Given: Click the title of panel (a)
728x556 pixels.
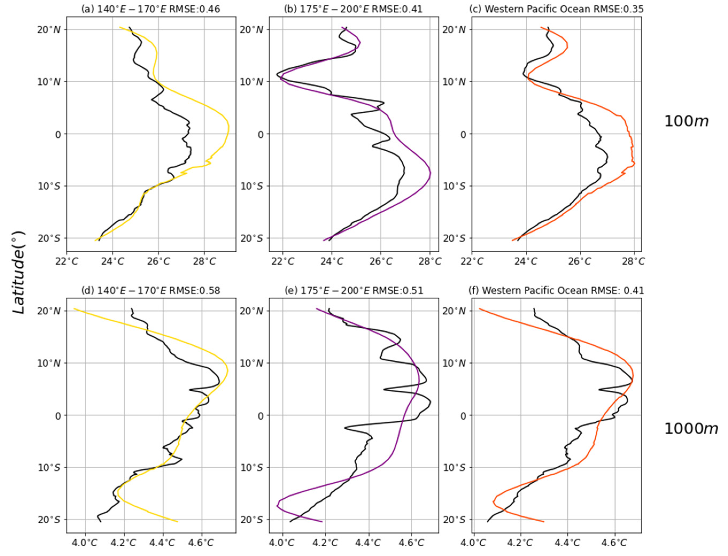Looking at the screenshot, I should pyautogui.click(x=150, y=9).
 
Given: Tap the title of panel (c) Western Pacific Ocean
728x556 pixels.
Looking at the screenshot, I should pyautogui.click(x=556, y=9).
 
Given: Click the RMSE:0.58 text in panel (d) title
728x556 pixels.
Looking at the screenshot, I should pyautogui.click(x=195, y=290).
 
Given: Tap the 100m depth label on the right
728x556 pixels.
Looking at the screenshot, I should pyautogui.click(x=686, y=121).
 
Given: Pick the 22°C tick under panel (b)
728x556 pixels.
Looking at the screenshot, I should pyautogui.click(x=283, y=261).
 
